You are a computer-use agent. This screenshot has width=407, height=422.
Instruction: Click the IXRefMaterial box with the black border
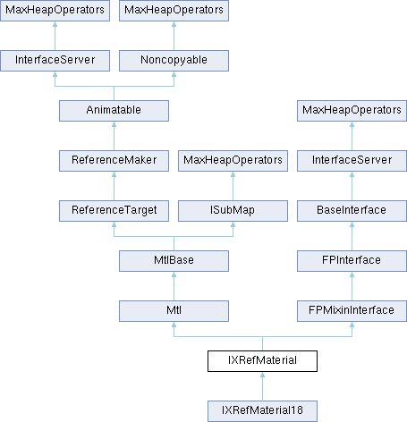pyautogui.click(x=262, y=361)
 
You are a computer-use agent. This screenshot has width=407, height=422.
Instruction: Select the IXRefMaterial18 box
pyautogui.click(x=262, y=411)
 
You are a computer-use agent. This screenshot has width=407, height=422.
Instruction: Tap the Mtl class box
pyautogui.click(x=174, y=311)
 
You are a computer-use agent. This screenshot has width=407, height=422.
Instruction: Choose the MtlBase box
pyautogui.click(x=174, y=261)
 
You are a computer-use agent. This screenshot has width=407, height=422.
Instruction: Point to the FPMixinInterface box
pyautogui.click(x=352, y=311)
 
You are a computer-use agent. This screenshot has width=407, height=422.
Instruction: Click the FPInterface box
pyautogui.click(x=352, y=261)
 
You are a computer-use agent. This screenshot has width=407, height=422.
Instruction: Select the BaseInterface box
pyautogui.click(x=352, y=211)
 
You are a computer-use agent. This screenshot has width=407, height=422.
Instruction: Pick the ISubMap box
pyautogui.click(x=233, y=211)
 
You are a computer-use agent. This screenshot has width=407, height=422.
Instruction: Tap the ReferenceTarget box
pyautogui.click(x=114, y=211)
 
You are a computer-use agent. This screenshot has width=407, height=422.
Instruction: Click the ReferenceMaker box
pyautogui.click(x=114, y=161)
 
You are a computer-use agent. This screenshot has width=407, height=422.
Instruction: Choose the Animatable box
pyautogui.click(x=114, y=111)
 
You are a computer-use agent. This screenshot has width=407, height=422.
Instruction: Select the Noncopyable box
pyautogui.click(x=174, y=61)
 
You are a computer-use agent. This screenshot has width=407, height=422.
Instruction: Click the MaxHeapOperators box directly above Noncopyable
pyautogui.click(x=174, y=11)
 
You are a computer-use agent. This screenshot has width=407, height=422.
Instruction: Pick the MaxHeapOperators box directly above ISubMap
pyautogui.click(x=233, y=161)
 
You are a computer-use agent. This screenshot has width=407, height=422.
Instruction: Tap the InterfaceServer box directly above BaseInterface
pyautogui.click(x=352, y=161)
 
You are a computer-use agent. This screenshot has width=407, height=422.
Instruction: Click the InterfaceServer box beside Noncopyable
pyautogui.click(x=55, y=61)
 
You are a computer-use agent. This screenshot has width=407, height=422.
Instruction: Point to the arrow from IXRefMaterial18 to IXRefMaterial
pyautogui.click(x=262, y=386)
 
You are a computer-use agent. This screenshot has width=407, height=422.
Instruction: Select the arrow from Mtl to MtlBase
pyautogui.click(x=174, y=286)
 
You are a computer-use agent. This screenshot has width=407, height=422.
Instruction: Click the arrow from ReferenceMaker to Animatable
pyautogui.click(x=114, y=136)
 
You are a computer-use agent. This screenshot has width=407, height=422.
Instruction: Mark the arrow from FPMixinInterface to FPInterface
pyautogui.click(x=352, y=286)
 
